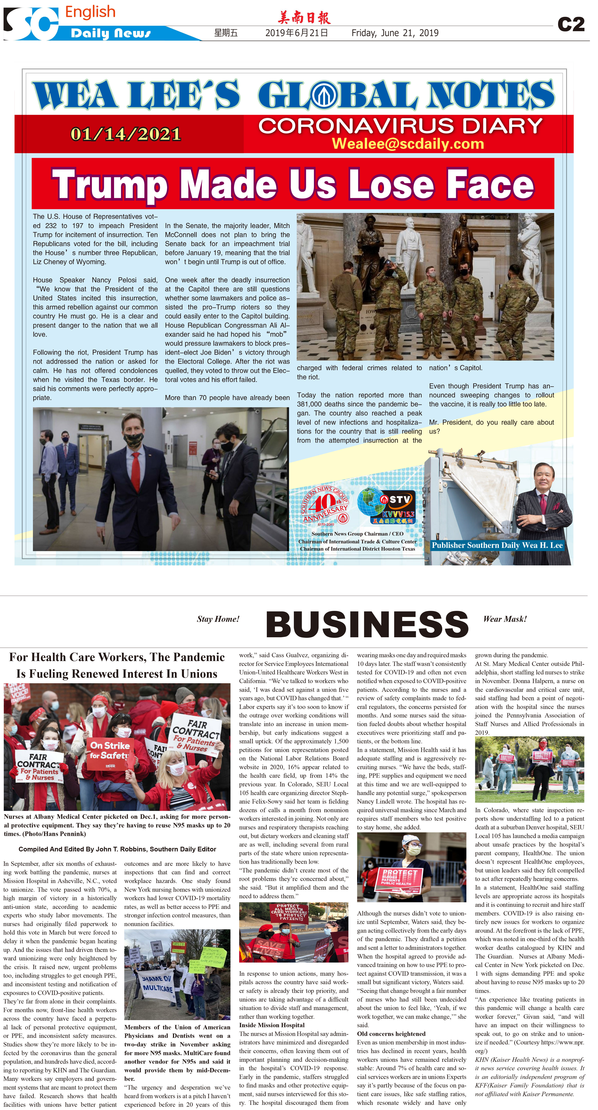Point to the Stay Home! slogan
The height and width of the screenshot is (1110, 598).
pos(218,619)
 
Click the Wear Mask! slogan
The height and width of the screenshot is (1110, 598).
pos(505,619)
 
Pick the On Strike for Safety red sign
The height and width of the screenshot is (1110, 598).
pos(110,750)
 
